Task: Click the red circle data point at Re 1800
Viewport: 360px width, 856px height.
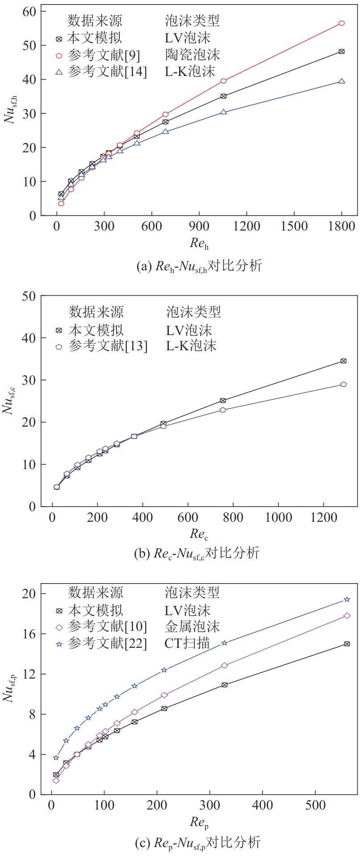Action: tap(341, 23)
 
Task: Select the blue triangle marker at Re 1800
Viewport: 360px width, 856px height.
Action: tap(341, 81)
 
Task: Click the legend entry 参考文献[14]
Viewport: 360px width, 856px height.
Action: tap(107, 71)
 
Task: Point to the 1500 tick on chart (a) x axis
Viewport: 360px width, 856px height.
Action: tap(294, 226)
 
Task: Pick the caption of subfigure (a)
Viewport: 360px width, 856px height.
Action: tap(199, 266)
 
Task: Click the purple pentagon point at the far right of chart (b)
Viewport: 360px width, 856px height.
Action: tap(343, 384)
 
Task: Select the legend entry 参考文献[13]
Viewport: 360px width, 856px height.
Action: tap(108, 346)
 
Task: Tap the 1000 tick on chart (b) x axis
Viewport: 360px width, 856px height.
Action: tap(278, 517)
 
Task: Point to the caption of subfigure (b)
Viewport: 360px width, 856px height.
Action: tap(197, 553)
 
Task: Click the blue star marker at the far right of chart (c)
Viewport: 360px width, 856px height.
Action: tap(347, 599)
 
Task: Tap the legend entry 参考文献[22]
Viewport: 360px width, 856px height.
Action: tap(107, 644)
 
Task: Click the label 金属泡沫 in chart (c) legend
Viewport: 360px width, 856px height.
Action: tap(192, 627)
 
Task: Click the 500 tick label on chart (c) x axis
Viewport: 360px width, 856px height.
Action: tap(315, 806)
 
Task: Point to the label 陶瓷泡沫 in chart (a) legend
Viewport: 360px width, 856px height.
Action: tap(192, 55)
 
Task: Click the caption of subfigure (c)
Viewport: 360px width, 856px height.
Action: tap(197, 843)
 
